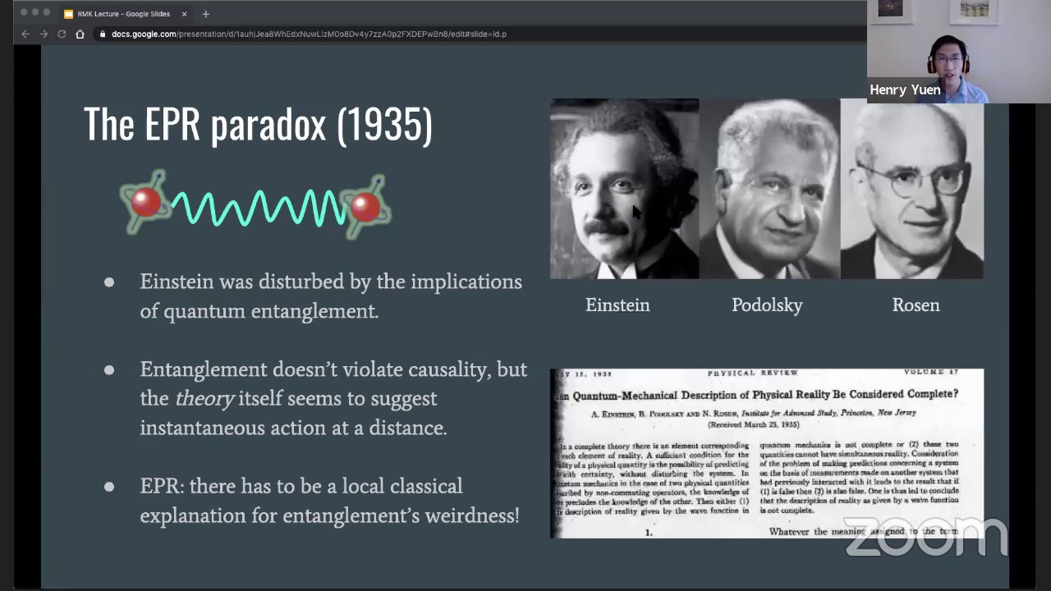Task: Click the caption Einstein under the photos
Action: coord(617,305)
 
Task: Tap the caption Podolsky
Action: coord(767,305)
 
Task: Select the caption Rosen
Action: coord(916,305)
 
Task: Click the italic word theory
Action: coord(204,399)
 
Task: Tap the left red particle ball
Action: coord(146,202)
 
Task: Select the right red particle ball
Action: coord(365,206)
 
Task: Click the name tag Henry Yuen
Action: coord(905,90)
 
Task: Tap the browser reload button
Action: coord(62,34)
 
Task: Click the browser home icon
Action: coord(80,34)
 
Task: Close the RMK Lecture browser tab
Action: coord(184,14)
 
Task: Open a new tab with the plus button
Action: coord(205,14)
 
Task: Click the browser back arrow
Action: coord(25,34)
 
